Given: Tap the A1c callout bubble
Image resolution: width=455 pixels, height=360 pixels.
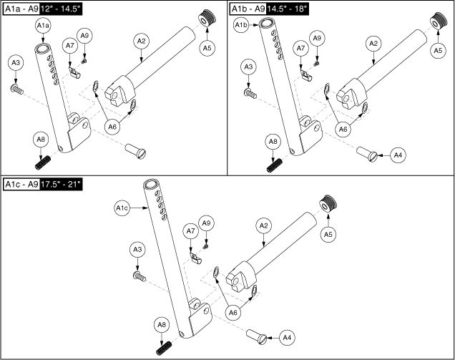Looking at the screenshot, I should pyautogui.click(x=122, y=208).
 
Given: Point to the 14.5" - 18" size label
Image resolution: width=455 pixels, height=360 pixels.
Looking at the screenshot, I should pyautogui.click(x=293, y=8).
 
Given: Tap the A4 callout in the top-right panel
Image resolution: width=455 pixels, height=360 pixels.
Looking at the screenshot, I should pyautogui.click(x=401, y=154).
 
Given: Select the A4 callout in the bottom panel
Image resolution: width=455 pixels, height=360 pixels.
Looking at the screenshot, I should pyautogui.click(x=287, y=336).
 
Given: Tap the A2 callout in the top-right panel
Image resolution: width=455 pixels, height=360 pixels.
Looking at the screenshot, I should pyautogui.click(x=372, y=44).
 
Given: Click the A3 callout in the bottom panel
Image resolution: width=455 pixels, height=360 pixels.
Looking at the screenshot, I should pyautogui.click(x=138, y=248).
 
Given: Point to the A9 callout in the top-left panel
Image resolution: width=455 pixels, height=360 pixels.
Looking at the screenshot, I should pyautogui.click(x=85, y=36).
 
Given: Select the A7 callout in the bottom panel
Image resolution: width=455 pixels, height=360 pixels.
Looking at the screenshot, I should pyautogui.click(x=190, y=231).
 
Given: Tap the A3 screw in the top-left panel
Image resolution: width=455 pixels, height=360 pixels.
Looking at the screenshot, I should pyautogui.click(x=16, y=89).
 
